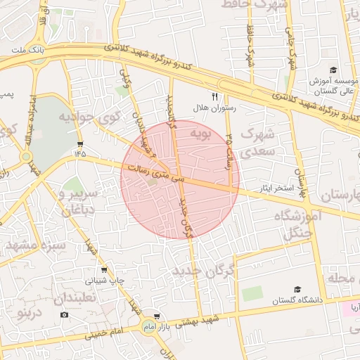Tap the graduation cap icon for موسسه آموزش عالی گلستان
333,70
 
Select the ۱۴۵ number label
79,153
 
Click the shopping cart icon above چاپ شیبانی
104,269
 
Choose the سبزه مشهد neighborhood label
35,246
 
